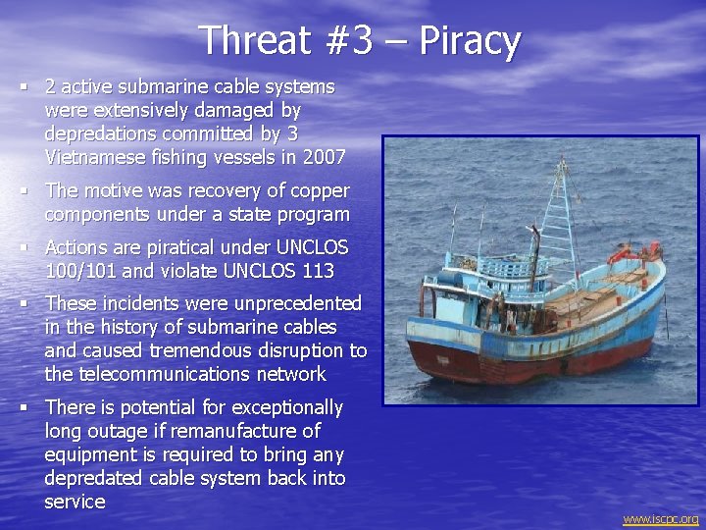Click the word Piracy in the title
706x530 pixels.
470,41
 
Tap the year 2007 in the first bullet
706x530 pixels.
326,156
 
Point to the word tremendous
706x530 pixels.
211,350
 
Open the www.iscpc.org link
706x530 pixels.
660,519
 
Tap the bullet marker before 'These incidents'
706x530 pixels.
22,304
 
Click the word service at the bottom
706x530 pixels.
75,502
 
